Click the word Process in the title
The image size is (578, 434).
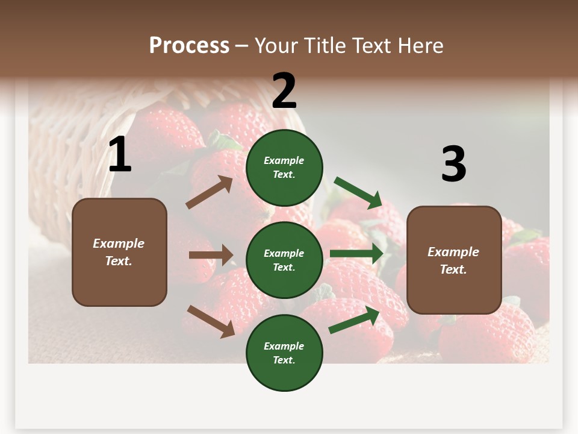pyautogui.click(x=189, y=46)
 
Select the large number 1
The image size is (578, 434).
pyautogui.click(x=120, y=155)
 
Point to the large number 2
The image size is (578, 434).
pyautogui.click(x=284, y=91)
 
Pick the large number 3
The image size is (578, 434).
pyautogui.click(x=453, y=164)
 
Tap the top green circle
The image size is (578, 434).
pyautogui.click(x=284, y=168)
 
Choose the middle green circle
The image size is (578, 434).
pyautogui.click(x=284, y=260)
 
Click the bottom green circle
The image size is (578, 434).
pyautogui.click(x=284, y=353)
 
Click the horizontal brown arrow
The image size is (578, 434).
pyautogui.click(x=211, y=255)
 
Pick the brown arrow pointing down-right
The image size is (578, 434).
pyautogui.click(x=211, y=321)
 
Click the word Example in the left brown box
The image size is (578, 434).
pyautogui.click(x=119, y=244)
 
